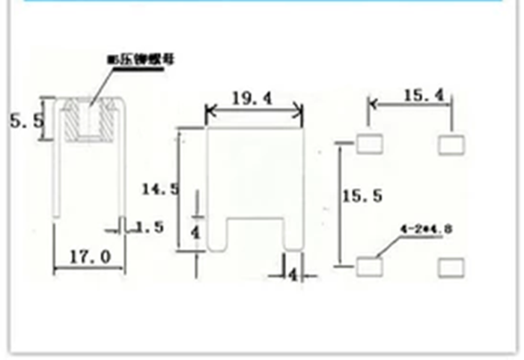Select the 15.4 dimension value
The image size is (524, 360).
pos(424,95)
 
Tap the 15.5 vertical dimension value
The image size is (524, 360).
pos(362,196)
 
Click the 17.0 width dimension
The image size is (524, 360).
pos(90,257)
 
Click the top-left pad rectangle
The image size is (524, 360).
pos(369,143)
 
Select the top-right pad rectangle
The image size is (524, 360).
pos(451,144)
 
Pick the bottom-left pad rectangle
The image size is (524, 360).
pos(368,265)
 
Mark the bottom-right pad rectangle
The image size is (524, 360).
pos(451,266)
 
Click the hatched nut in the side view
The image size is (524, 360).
pos(90,120)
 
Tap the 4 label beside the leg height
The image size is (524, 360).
pos(195,232)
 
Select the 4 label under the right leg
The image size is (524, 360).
pos(293,275)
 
